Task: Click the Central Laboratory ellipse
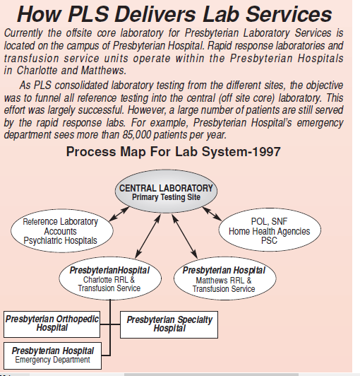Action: pyautogui.click(x=166, y=191)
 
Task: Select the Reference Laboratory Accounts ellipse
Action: pyautogui.click(x=62, y=230)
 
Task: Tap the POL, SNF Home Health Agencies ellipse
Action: pyautogui.click(x=270, y=230)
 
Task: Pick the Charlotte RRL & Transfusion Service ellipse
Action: pyautogui.click(x=110, y=278)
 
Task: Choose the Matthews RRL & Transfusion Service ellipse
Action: pyautogui.click(x=224, y=278)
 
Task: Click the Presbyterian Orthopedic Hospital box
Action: pyautogui.click(x=52, y=324)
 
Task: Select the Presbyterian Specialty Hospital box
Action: pyautogui.click(x=169, y=324)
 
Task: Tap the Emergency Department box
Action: pyautogui.click(x=52, y=356)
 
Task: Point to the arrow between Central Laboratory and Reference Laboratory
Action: pyautogui.click(x=119, y=214)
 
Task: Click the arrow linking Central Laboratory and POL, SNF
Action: pyautogui.click(x=212, y=213)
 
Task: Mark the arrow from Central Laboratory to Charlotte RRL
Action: pyautogui.click(x=148, y=237)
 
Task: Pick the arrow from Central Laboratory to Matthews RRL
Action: pyautogui.click(x=185, y=237)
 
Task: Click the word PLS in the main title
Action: pyautogui.click(x=88, y=14)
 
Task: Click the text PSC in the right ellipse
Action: pyautogui.click(x=269, y=240)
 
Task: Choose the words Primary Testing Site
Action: pyautogui.click(x=166, y=197)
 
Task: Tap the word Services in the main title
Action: pyautogui.click(x=289, y=14)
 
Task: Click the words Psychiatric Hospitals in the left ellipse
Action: pyautogui.click(x=61, y=240)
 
